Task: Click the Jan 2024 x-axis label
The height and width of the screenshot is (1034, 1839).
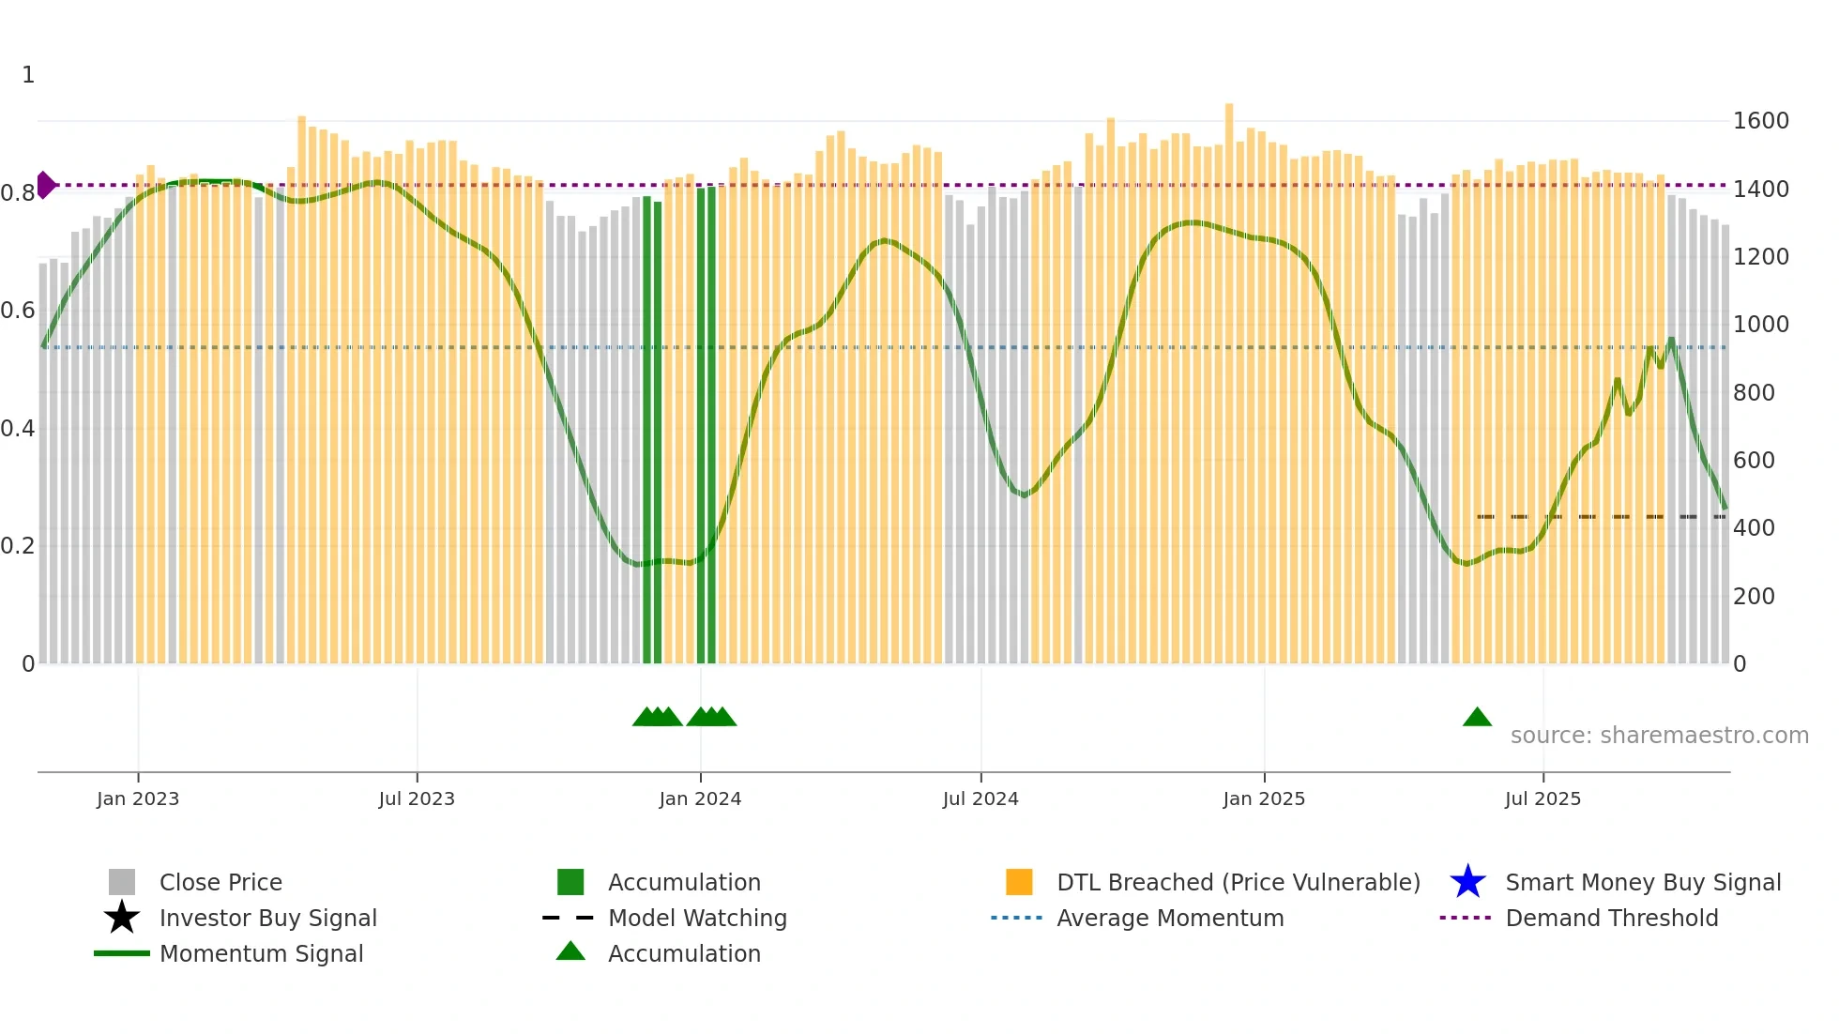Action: [700, 798]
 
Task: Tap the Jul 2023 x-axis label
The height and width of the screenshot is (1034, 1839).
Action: [417, 798]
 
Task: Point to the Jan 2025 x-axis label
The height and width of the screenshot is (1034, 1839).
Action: [1264, 798]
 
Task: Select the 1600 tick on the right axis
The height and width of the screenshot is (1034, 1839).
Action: [1760, 121]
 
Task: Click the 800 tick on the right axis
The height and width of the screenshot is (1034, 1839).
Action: [1754, 392]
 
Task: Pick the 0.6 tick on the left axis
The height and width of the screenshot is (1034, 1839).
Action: [18, 311]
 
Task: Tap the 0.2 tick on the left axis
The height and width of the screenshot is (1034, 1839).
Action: [18, 546]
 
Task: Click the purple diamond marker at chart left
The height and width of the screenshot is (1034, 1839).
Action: [45, 185]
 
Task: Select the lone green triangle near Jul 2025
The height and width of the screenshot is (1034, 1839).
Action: [1477, 718]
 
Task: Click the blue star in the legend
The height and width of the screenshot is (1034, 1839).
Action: [1467, 882]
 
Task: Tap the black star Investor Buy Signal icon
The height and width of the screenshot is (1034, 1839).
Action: [122, 918]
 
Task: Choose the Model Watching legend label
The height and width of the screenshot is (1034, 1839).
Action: [697, 918]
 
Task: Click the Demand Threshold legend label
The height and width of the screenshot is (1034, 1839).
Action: [1611, 918]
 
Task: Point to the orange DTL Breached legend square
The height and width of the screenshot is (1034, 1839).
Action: [1019, 882]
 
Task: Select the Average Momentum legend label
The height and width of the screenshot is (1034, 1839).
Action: [1170, 918]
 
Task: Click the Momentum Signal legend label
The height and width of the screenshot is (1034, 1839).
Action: [261, 953]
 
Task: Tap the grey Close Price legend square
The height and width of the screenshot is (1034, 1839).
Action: [122, 882]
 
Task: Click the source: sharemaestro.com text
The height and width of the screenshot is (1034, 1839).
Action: [1659, 736]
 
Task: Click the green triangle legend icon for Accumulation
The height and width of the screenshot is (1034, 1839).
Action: [570, 952]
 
